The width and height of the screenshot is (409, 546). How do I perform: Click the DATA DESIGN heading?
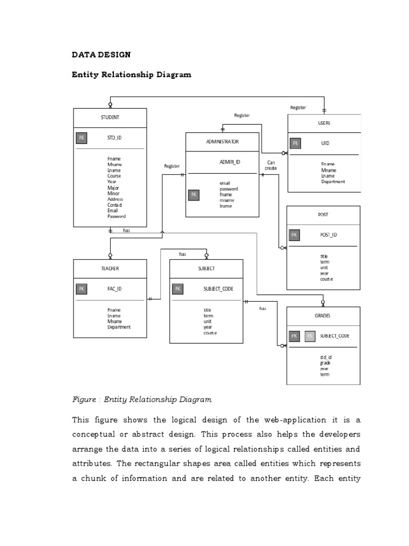[101, 54]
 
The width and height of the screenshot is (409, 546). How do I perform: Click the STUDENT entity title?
[110, 117]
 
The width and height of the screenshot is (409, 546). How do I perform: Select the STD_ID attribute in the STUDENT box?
[114, 138]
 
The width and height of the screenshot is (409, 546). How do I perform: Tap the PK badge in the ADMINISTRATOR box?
[194, 195]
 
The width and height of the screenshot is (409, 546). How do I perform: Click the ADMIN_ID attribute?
[230, 162]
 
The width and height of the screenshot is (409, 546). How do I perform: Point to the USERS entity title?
[324, 123]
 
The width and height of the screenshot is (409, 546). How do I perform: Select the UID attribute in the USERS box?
[325, 143]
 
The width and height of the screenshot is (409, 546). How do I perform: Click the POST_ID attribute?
[328, 235]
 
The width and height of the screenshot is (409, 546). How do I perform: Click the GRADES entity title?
[323, 316]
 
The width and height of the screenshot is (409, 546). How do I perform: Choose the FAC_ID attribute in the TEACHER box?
[114, 288]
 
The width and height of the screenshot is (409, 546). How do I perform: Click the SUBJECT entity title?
[206, 269]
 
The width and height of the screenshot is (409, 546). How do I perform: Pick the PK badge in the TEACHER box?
[81, 288]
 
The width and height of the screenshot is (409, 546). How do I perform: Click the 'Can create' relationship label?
[271, 165]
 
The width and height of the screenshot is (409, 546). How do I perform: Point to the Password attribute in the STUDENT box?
[117, 216]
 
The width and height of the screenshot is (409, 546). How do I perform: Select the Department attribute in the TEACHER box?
[119, 327]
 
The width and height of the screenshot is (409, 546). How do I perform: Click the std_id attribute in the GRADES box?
[326, 357]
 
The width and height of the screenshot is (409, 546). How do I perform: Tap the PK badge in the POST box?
[295, 235]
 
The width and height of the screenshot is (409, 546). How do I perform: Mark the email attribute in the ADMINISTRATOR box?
[225, 183]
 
